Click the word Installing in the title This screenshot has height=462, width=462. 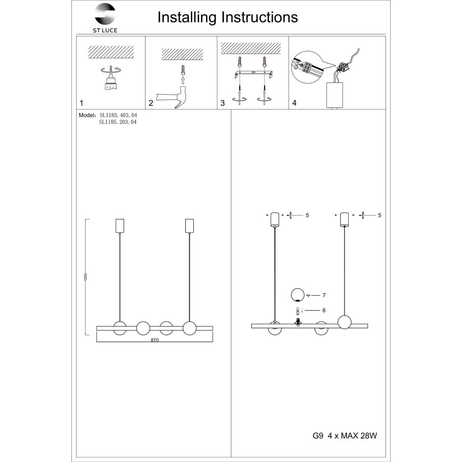(x=187, y=17)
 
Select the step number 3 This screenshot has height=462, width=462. (x=222, y=103)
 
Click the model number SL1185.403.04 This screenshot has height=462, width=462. (x=118, y=115)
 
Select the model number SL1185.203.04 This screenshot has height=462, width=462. (x=118, y=122)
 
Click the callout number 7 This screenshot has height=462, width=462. (x=324, y=295)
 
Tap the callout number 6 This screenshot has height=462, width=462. (x=324, y=311)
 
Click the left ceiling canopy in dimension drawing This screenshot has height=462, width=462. (x=120, y=226)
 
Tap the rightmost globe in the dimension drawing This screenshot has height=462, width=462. (x=189, y=329)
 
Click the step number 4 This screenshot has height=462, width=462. (x=294, y=103)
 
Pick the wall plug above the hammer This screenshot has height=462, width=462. (x=183, y=69)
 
